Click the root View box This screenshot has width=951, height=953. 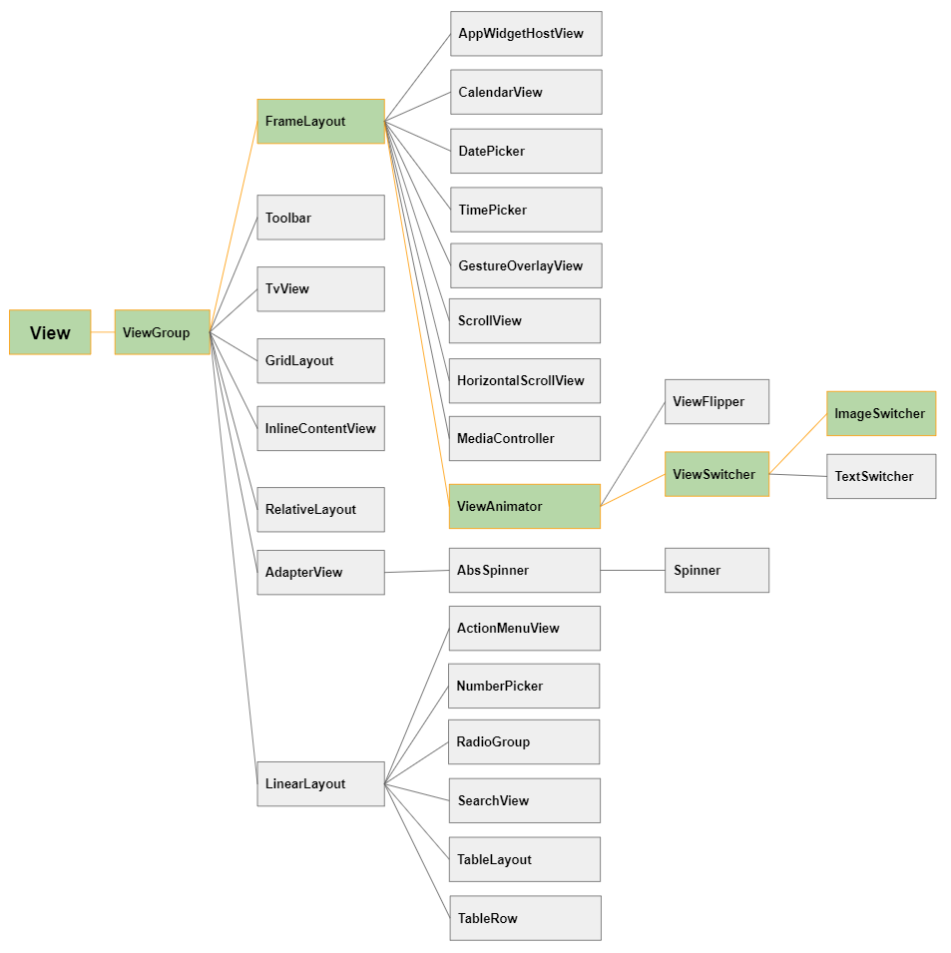coord(50,332)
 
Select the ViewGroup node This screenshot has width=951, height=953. coord(163,332)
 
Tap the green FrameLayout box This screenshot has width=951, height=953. coord(321,122)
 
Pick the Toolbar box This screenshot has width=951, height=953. coord(321,218)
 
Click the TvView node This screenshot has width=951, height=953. coord(321,289)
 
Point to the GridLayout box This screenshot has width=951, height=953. coord(321,361)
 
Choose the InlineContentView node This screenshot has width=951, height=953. coord(321,428)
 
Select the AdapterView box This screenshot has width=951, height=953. coord(321,573)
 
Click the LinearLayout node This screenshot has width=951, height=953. coord(321,784)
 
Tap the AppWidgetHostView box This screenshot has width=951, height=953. coord(526,33)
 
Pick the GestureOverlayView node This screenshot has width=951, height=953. coord(526,265)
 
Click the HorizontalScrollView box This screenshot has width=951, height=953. coord(525,381)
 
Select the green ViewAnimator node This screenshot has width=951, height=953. coord(525,506)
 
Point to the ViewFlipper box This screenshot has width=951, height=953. coord(717,402)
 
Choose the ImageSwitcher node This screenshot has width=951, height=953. coord(881,414)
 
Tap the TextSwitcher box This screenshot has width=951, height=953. coord(881,477)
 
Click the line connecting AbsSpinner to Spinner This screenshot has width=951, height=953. coord(633,571)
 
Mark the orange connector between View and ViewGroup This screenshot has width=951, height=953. coord(103,332)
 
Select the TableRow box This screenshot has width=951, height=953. coord(526,918)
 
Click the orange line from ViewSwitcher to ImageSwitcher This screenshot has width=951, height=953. coord(798,444)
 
